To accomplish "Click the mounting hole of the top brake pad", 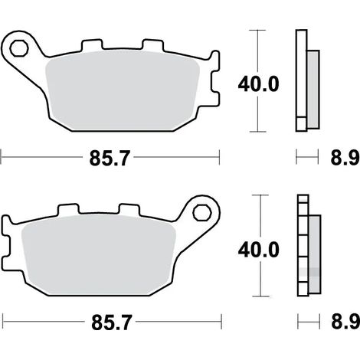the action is tap(18, 48).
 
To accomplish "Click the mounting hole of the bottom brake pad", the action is tap(202, 213).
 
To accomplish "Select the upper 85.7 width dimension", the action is tap(110, 158).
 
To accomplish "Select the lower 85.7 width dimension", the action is tap(112, 322).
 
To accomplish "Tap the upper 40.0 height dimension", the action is tap(258, 84).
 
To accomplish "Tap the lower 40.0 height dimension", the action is tap(258, 249).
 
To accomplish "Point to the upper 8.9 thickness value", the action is tap(345, 158).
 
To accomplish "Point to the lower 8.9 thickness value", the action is tap(345, 322).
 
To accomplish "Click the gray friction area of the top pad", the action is tap(123, 90).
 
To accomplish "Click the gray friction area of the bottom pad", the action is tap(99, 255).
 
